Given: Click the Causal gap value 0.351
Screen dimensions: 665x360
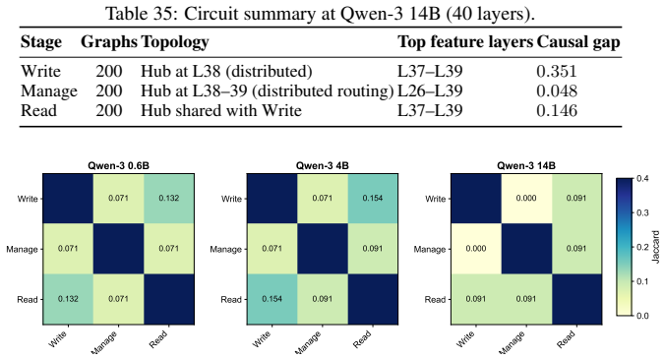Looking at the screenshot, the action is [x=557, y=71].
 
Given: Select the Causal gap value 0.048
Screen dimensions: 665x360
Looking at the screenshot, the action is [x=557, y=91].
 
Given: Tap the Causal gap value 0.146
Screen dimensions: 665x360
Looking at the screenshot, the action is [x=557, y=111].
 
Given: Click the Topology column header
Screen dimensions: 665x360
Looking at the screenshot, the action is [x=175, y=42].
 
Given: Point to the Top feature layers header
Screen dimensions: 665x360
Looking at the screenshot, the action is [x=465, y=41].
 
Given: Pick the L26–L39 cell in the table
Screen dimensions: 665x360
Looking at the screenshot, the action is [x=430, y=91].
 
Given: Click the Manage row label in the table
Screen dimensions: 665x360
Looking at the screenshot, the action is [x=49, y=91].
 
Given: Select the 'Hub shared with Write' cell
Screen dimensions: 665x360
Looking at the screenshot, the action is [x=221, y=111].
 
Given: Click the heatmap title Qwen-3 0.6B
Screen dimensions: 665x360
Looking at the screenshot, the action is [x=118, y=166].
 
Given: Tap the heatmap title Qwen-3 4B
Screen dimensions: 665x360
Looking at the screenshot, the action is [x=323, y=166].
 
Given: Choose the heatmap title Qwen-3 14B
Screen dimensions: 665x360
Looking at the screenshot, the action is [x=526, y=166].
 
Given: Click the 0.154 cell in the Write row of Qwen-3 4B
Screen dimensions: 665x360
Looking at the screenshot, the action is [x=373, y=199].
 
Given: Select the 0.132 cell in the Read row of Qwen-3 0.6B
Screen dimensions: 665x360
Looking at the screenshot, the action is [x=68, y=299].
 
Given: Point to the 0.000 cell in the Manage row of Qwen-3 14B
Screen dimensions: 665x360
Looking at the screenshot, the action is [x=476, y=249].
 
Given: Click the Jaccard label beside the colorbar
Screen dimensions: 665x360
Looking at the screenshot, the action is [x=656, y=247].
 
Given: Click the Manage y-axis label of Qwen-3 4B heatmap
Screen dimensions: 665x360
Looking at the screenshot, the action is [x=225, y=249].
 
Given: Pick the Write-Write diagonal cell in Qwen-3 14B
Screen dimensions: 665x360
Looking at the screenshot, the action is [x=476, y=199].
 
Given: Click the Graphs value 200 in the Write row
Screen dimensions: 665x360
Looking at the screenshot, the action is [x=109, y=71].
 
